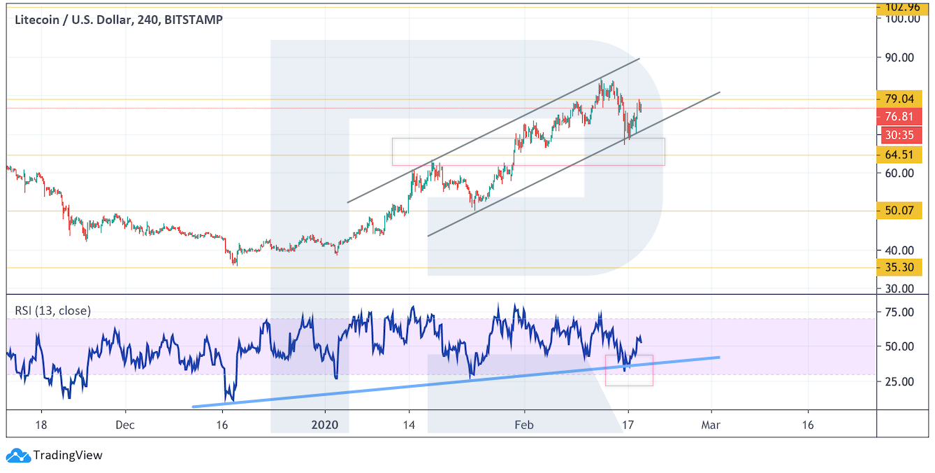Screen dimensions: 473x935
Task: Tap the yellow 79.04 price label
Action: click(899, 99)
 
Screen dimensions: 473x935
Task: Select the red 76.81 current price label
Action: click(899, 117)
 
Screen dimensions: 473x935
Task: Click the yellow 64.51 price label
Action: click(899, 155)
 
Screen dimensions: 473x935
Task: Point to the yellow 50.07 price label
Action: click(899, 211)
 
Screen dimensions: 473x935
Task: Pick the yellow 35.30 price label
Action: click(899, 267)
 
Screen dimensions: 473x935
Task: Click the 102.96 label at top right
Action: click(901, 7)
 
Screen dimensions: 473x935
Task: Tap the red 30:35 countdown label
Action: click(899, 135)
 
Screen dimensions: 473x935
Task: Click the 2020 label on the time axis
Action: click(325, 425)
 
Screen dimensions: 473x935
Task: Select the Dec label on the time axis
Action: click(125, 425)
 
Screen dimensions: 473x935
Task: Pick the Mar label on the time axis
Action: click(711, 425)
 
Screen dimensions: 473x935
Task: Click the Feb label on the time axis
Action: click(524, 425)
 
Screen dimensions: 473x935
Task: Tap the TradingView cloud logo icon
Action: click(21, 456)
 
